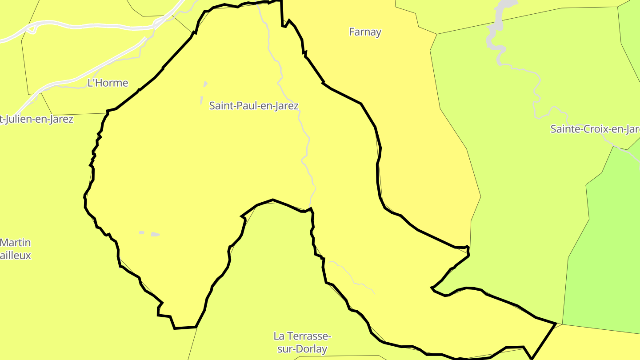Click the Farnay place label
[x=365, y=32]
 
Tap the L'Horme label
[x=108, y=83]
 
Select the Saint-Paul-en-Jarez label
[x=254, y=106]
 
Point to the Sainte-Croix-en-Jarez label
[x=595, y=129]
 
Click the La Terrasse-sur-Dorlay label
[x=302, y=342]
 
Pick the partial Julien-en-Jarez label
[x=36, y=119]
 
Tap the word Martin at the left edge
[x=16, y=243]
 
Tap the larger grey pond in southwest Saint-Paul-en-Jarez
[x=155, y=234]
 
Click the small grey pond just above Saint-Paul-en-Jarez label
[x=205, y=84]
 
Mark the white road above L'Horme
[x=89, y=26]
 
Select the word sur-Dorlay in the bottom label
[x=302, y=349]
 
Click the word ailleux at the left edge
[x=16, y=256]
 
